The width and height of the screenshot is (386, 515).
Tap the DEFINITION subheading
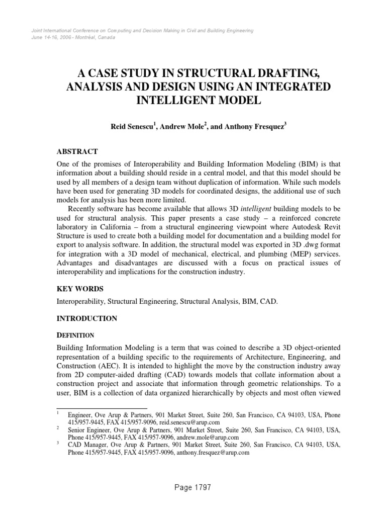click(75, 334)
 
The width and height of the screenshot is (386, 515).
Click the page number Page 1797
click(193, 487)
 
